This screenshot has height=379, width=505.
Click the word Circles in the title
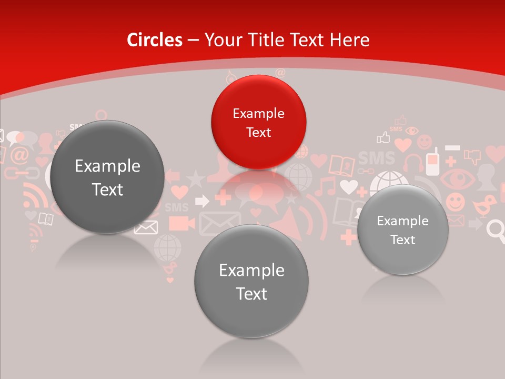pos(154,40)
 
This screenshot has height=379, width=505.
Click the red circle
pos(258,122)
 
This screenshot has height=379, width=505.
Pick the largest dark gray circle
pos(107,177)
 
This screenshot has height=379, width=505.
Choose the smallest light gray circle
pos(402,230)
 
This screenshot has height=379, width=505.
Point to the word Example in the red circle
pos(258,114)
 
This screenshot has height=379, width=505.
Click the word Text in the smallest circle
pos(402,240)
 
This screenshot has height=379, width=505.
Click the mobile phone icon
pos(432,163)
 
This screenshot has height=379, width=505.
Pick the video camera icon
pos(178,223)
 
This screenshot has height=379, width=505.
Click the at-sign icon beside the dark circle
pos(19,155)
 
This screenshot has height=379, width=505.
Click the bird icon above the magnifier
pos(484,205)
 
